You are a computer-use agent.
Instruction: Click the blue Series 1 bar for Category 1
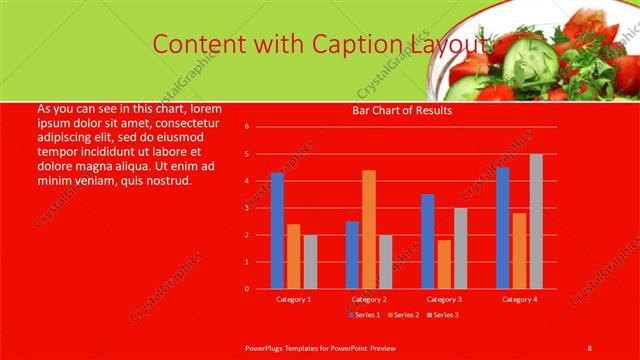(277, 231)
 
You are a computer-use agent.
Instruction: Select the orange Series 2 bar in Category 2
(369, 229)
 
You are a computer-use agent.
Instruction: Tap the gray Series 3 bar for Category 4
(536, 221)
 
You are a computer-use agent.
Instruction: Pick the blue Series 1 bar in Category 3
(428, 241)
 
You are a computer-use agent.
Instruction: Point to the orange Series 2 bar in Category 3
(444, 264)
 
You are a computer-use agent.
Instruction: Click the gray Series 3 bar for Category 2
(385, 261)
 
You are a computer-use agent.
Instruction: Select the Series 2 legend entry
(402, 314)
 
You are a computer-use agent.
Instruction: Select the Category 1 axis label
(294, 299)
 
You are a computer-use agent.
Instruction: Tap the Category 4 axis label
(519, 299)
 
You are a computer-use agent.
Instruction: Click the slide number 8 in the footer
(589, 347)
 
